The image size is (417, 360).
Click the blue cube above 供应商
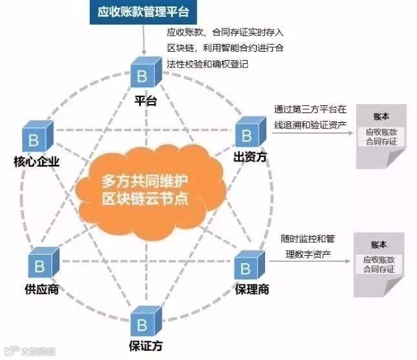click(x=42, y=264)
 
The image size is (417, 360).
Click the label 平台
click(x=145, y=101)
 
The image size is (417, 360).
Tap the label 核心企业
click(x=36, y=162)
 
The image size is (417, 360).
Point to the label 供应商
click(x=44, y=290)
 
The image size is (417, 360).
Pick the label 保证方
click(x=145, y=346)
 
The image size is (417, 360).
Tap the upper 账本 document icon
click(x=381, y=136)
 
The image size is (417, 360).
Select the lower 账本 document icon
click(x=380, y=264)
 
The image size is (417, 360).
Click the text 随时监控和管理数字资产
click(x=310, y=246)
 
